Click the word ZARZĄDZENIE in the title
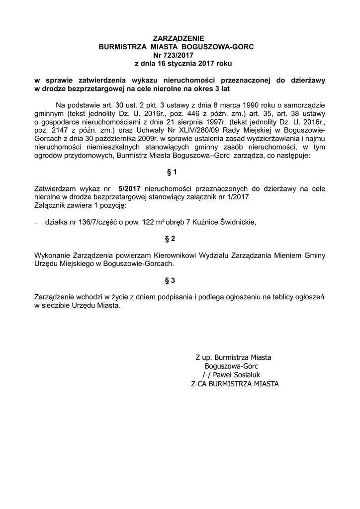(x=178, y=38)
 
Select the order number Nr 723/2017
(x=177, y=55)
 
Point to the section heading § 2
(x=171, y=239)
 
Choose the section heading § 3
(x=171, y=280)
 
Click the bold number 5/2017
(x=130, y=188)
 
